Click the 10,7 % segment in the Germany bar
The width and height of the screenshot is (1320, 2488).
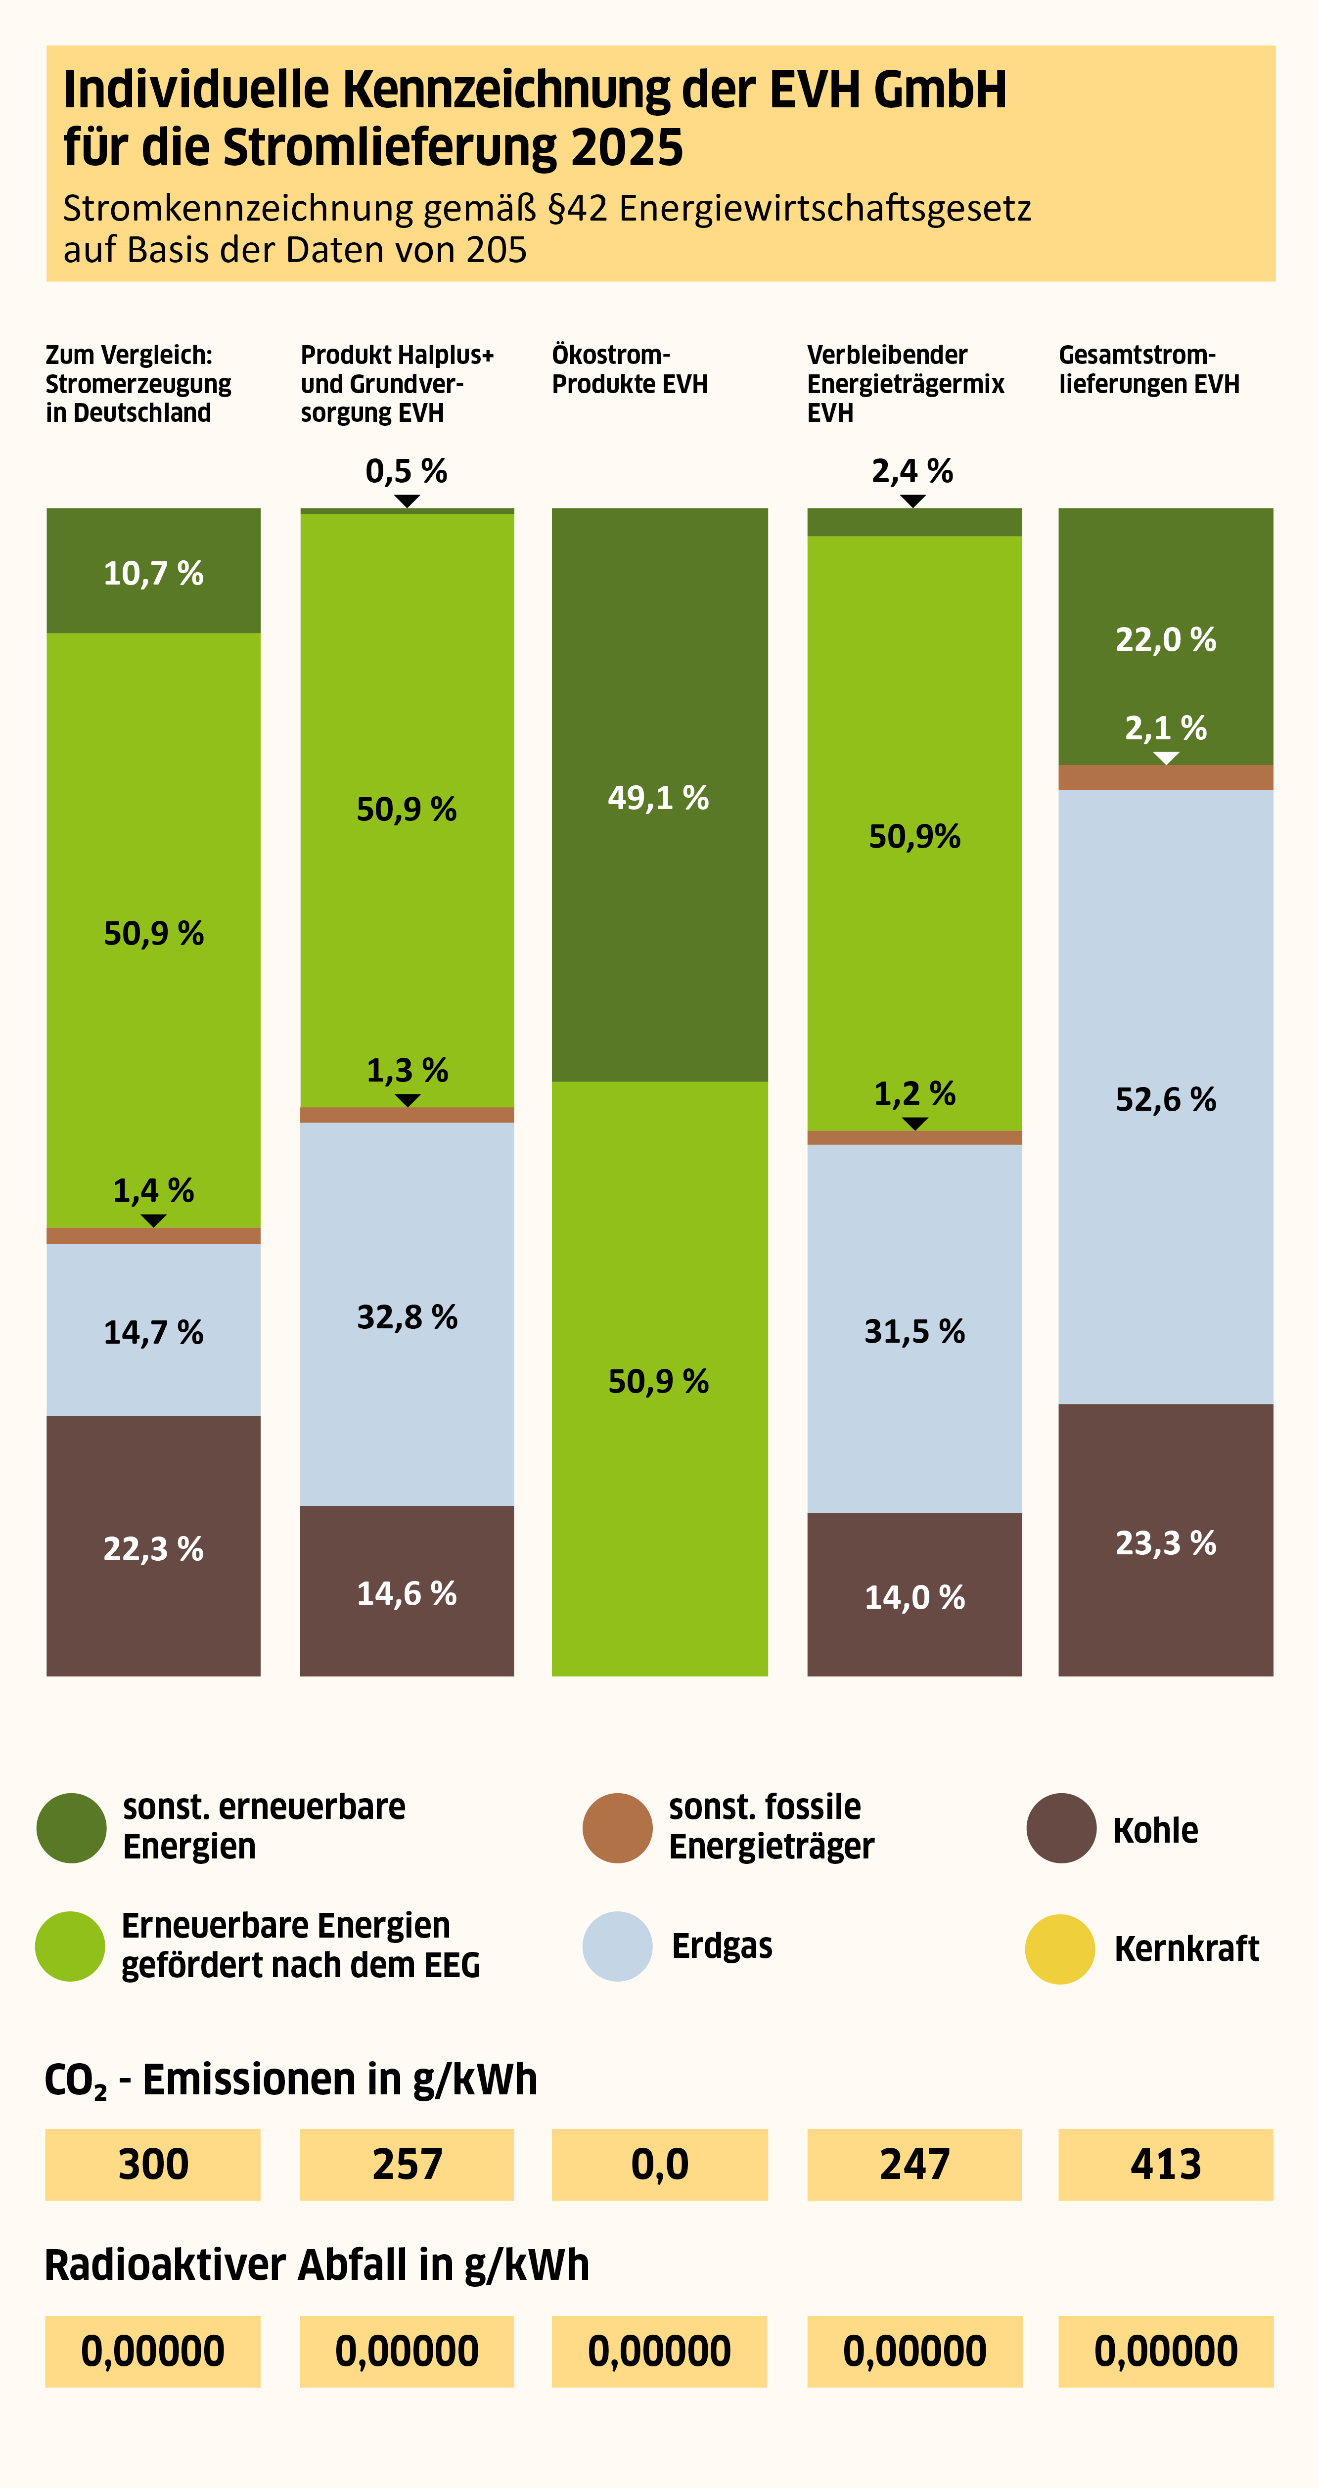click(x=153, y=571)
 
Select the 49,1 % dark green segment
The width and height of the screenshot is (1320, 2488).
click(x=660, y=795)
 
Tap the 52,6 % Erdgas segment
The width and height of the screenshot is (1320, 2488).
click(x=1166, y=1097)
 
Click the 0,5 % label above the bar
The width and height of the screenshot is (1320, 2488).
click(x=407, y=471)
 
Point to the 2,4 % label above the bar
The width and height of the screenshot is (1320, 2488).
click(x=912, y=471)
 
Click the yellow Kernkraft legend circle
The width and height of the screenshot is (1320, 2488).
click(x=1060, y=1949)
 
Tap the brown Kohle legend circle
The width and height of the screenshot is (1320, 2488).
click(x=1061, y=1828)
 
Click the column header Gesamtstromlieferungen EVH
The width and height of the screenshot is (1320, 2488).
click(x=1149, y=369)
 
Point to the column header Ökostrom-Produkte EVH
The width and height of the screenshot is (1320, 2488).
click(x=630, y=369)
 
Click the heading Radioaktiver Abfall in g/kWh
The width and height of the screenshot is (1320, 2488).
click(x=317, y=2265)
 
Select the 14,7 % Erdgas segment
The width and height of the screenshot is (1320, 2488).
click(x=153, y=1330)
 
